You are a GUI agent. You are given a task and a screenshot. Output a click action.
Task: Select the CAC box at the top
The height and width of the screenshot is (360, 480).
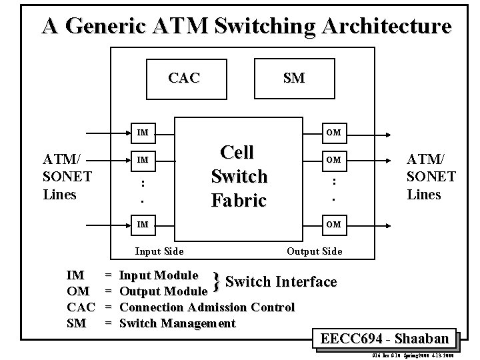tap(184, 78)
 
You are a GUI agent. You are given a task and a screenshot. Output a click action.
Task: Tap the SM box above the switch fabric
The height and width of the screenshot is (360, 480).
tap(293, 78)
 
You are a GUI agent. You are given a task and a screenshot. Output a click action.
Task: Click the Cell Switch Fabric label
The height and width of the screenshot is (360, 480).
tap(239, 176)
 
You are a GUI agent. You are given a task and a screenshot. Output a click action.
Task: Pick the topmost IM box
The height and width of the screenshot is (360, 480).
tap(143, 133)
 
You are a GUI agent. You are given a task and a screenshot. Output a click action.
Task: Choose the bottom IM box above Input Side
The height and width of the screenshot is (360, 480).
tap(143, 225)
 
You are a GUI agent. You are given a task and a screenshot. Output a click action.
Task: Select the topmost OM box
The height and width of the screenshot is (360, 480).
tap(333, 133)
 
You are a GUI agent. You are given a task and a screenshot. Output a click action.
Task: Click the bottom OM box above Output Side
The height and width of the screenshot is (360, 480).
tap(333, 225)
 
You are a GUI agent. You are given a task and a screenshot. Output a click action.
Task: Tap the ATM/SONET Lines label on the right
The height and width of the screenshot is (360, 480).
tap(431, 177)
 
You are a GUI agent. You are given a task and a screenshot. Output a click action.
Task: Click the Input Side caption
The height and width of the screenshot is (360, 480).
tap(159, 251)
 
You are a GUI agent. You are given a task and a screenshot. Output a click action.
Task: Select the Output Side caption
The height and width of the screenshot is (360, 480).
tap(314, 251)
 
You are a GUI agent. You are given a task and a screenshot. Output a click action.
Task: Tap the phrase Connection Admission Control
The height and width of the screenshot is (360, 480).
tap(207, 307)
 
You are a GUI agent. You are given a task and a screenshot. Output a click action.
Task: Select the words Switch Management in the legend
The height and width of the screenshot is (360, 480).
tap(177, 323)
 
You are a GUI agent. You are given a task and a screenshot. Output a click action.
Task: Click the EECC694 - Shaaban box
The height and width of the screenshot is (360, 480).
tap(385, 338)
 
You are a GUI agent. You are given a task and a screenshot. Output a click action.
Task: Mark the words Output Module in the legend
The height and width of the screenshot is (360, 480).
tap(163, 291)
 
